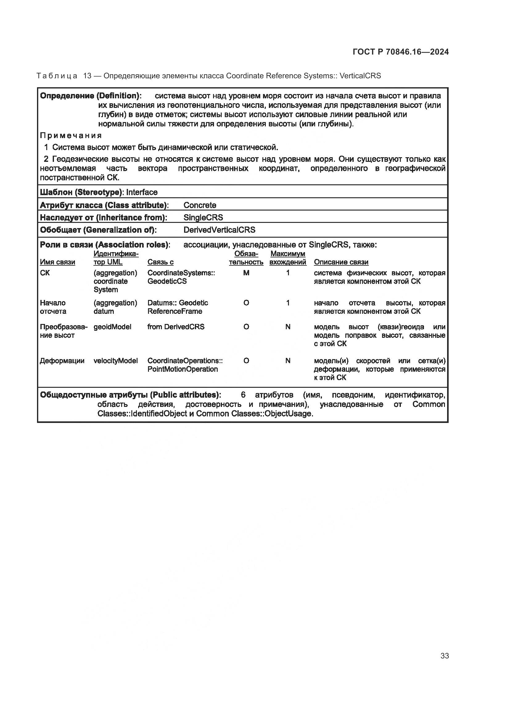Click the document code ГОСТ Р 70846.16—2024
pos(401,52)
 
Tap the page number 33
pos(444,656)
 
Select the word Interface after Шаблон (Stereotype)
pos(142,192)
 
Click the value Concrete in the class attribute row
pos(200,205)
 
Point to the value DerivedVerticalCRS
pos(219,230)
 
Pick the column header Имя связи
pos(57,262)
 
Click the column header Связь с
pos(160,262)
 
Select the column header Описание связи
pos(341,262)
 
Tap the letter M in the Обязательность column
pos(246,273)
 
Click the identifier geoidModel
pos(112,326)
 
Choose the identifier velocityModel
pos(116,361)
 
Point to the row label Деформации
pos(62,361)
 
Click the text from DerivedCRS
pos(176,326)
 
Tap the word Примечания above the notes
pos(71,135)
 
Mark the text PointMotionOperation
pos(183,369)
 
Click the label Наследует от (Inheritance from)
pos(103,217)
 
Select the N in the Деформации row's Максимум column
pos(288,361)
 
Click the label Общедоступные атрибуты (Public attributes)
pos(130,395)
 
